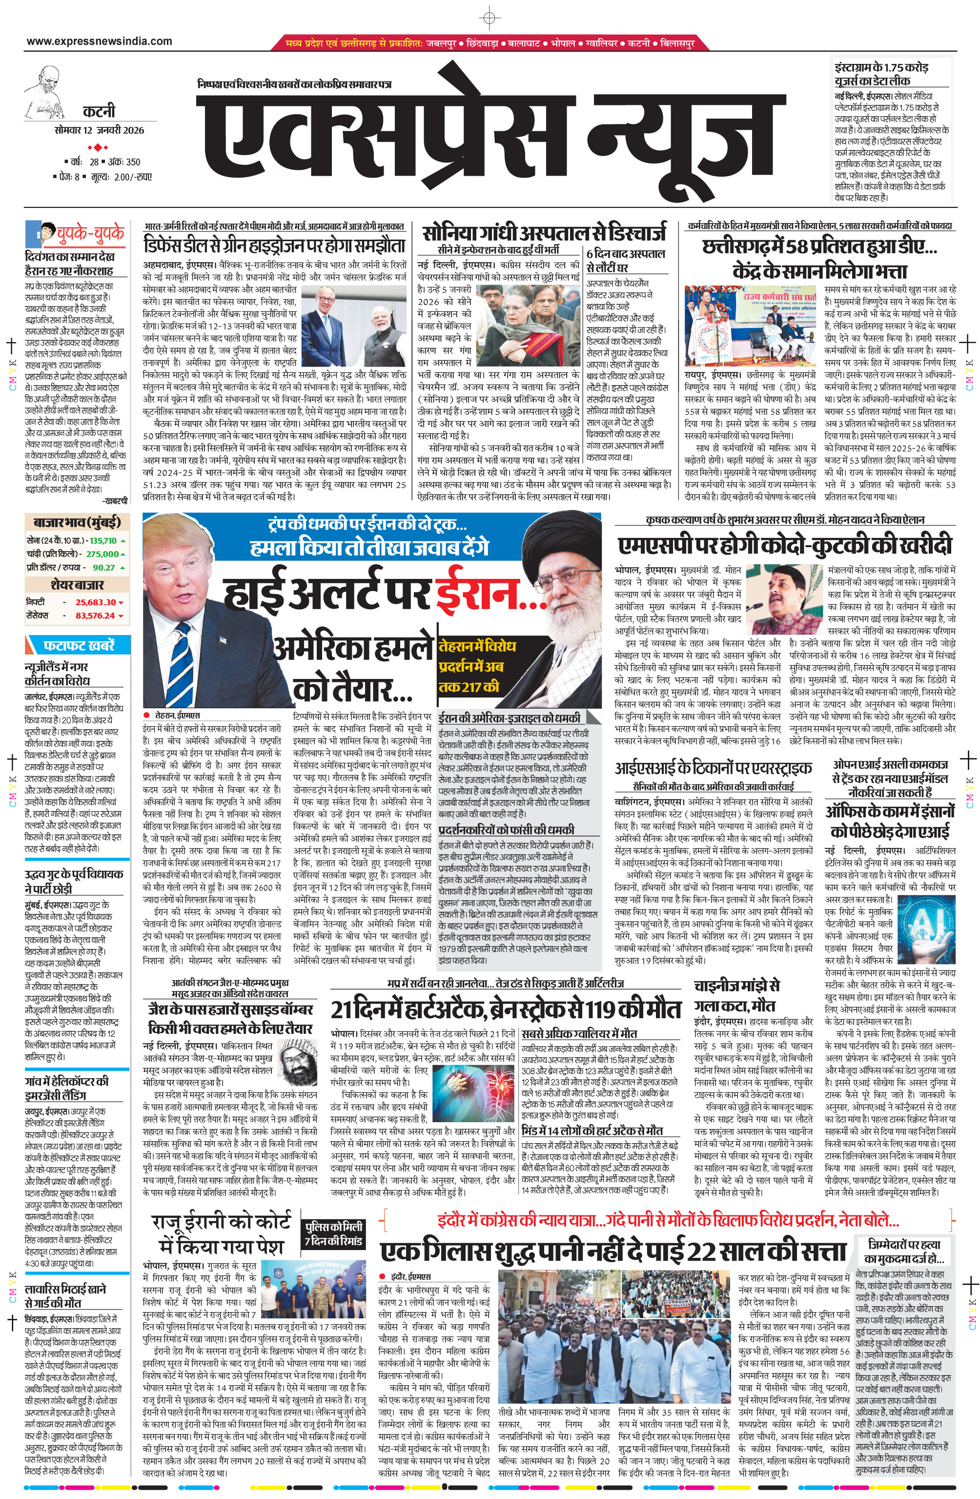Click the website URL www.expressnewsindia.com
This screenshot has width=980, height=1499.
click(99, 41)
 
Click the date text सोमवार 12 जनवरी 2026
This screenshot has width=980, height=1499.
click(99, 130)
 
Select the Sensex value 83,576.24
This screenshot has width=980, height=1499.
click(95, 616)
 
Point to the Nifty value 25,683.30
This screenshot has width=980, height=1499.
click(95, 602)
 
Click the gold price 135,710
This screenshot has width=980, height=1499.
click(102, 540)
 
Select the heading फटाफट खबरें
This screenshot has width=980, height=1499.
click(79, 646)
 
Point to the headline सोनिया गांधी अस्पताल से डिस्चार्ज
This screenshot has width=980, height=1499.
click(544, 232)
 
